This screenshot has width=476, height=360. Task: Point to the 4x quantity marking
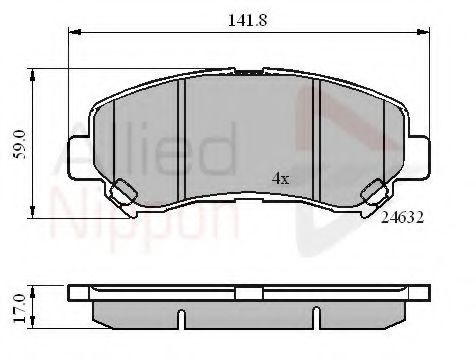(280, 179)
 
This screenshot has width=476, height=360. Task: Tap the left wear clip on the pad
(125, 192)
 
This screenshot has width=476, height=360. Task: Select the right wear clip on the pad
(375, 192)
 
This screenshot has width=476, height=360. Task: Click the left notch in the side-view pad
(181, 320)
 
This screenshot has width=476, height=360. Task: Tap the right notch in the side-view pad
(319, 320)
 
